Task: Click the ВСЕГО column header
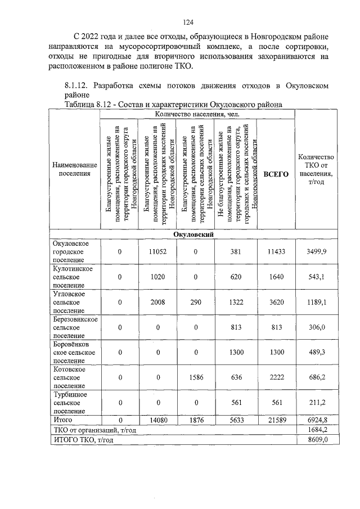pos(276,174)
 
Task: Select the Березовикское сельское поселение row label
pos(73,327)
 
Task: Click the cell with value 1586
pos(195,378)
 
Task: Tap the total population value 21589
pos(276,420)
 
